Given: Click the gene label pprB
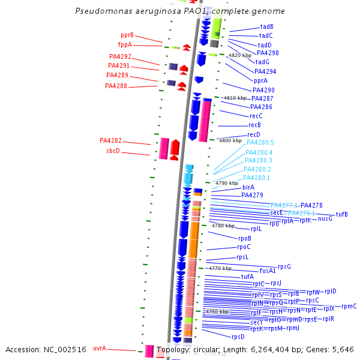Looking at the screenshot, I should point(127,35).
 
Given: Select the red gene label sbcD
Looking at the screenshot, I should point(113,151).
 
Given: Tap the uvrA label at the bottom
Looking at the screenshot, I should point(100,348).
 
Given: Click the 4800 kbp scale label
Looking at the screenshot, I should point(230,140).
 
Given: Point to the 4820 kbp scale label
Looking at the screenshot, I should point(239,55).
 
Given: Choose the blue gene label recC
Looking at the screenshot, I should point(256,116).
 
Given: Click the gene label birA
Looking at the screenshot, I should point(248,187).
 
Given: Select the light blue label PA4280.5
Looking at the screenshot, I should point(260,142).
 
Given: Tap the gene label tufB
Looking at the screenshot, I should point(341,214).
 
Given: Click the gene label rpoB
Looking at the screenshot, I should point(245,238).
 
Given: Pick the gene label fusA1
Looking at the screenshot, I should point(268,271).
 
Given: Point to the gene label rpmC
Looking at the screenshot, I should point(349,306).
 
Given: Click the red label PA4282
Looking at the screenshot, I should point(110,140).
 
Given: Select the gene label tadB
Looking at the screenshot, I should point(266,26).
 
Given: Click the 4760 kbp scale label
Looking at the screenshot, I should point(217,312).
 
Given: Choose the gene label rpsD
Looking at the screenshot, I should point(238,337).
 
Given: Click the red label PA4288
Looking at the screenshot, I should point(116,86).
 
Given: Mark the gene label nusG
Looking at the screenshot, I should point(325,218).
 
